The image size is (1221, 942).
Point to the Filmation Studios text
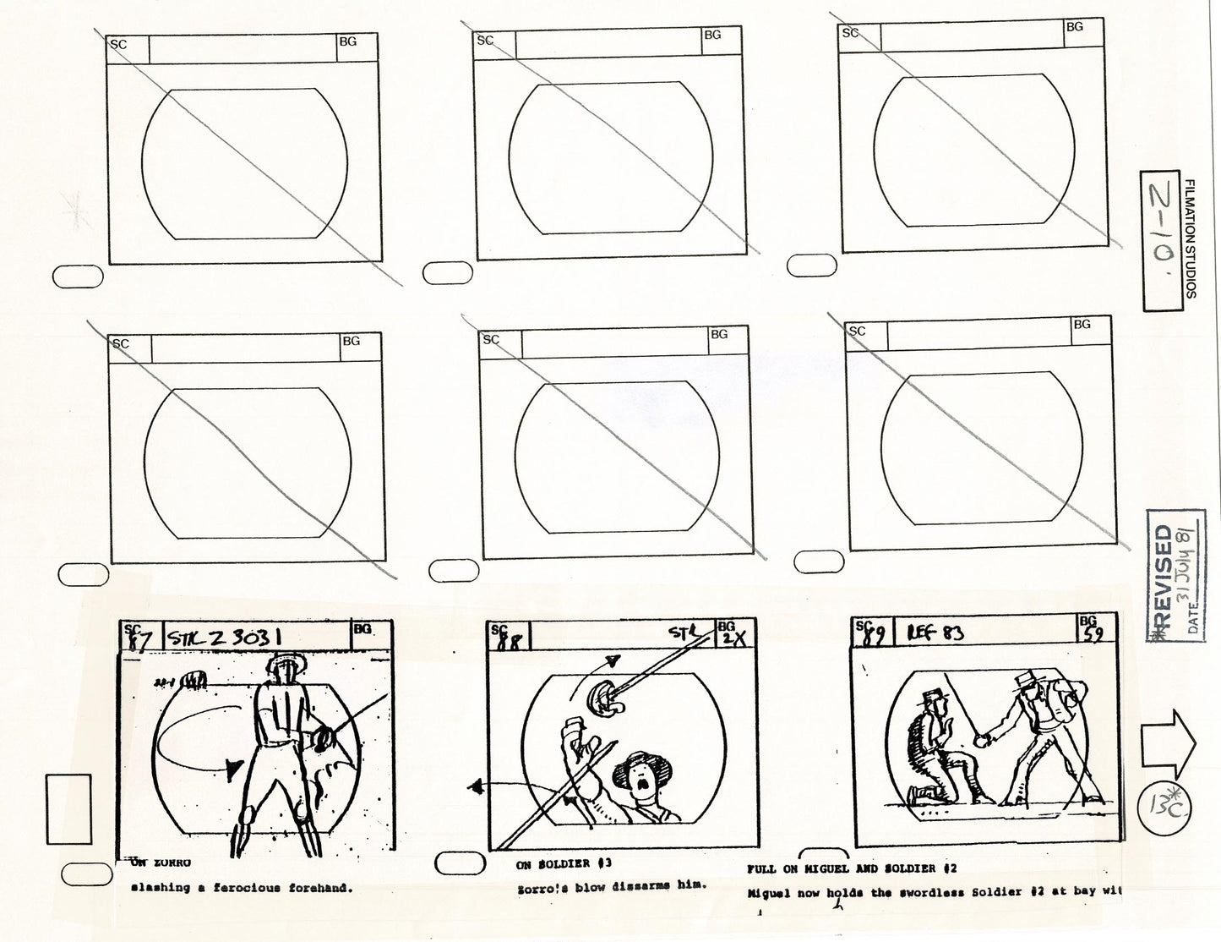click(x=1191, y=238)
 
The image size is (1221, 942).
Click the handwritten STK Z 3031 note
click(x=224, y=636)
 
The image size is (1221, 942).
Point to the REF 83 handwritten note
click(x=935, y=632)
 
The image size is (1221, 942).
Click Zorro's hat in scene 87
click(x=283, y=664)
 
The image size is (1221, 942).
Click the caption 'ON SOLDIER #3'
click(x=564, y=864)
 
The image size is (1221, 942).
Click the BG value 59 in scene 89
click(x=1093, y=635)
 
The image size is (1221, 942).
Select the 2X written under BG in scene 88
click(x=728, y=640)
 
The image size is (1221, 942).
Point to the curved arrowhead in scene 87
click(x=233, y=765)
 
